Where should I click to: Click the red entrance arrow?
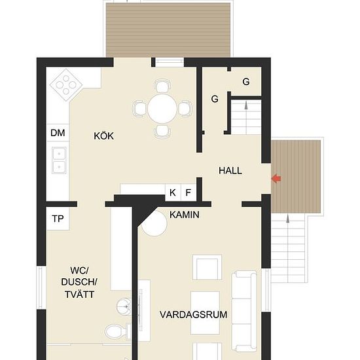coord(276,179)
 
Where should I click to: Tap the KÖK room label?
coord(104,135)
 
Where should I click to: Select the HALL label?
coord(230,171)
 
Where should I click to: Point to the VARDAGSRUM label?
coord(194,315)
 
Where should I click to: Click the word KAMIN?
coord(185,215)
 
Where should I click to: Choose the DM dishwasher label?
coord(58,133)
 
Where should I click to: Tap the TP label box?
coord(58,219)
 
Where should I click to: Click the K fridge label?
coord(173,192)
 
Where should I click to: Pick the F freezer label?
coord(189,192)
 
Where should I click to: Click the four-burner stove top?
coord(66,85)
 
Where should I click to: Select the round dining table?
coord(162,109)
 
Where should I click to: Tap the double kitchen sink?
coord(59,160)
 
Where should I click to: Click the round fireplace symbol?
coord(154,224)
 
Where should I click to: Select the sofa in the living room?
coord(244,311)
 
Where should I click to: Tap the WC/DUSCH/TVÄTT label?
coord(79,282)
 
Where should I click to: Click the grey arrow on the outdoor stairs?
coord(288,219)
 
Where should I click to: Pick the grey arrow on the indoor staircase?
coord(246,105)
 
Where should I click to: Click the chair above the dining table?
coord(162,86)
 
